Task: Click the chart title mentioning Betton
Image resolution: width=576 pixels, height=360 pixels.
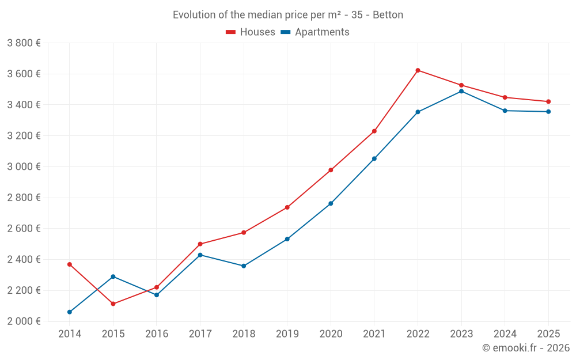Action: pyautogui.click(x=288, y=14)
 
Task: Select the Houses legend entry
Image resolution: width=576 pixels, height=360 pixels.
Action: pyautogui.click(x=251, y=32)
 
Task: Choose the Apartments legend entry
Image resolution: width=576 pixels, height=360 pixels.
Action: pyautogui.click(x=315, y=32)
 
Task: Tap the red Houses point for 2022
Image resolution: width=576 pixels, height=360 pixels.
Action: pyautogui.click(x=418, y=70)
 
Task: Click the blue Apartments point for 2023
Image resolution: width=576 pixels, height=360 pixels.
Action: pyautogui.click(x=461, y=91)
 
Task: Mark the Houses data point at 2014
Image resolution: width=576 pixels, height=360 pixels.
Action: pyautogui.click(x=70, y=264)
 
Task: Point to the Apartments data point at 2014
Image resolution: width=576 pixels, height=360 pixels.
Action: pyautogui.click(x=70, y=312)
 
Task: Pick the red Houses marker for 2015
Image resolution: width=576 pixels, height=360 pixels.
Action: pyautogui.click(x=113, y=304)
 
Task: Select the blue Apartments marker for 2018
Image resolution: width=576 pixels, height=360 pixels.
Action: pyautogui.click(x=244, y=266)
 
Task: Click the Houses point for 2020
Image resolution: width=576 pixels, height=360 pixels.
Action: pyautogui.click(x=331, y=170)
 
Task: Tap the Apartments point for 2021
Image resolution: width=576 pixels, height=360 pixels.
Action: pyautogui.click(x=374, y=158)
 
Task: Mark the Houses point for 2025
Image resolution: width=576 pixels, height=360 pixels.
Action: pyautogui.click(x=548, y=102)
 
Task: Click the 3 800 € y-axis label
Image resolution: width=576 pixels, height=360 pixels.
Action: pyautogui.click(x=24, y=43)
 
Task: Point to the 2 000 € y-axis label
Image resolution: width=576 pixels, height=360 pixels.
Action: pyautogui.click(x=24, y=321)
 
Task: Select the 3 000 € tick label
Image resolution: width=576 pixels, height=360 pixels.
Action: pyautogui.click(x=24, y=166)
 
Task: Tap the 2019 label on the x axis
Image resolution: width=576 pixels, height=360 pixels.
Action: pyautogui.click(x=287, y=334)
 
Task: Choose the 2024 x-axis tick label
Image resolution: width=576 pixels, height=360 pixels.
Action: pyautogui.click(x=505, y=334)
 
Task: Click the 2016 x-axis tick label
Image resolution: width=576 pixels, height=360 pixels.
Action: pyautogui.click(x=157, y=334)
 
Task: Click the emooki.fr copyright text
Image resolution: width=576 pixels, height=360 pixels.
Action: pyautogui.click(x=525, y=348)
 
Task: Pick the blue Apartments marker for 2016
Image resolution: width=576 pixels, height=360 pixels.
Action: pyautogui.click(x=157, y=295)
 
